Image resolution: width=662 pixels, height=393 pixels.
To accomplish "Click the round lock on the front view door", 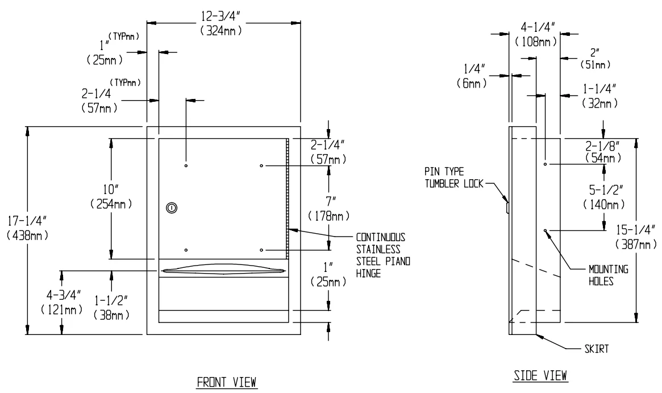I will (170, 209).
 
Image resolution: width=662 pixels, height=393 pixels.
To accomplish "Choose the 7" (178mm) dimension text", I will (328, 209).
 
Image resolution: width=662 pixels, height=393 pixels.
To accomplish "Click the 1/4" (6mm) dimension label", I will (469, 75).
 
